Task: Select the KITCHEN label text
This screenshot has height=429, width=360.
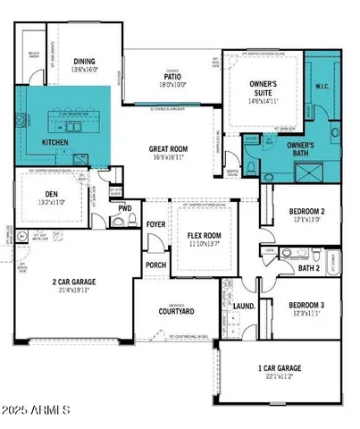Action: point(55,142)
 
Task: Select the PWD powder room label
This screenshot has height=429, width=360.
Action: point(123,208)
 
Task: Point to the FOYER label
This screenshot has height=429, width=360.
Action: point(156,225)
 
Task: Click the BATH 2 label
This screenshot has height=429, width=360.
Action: point(308,267)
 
